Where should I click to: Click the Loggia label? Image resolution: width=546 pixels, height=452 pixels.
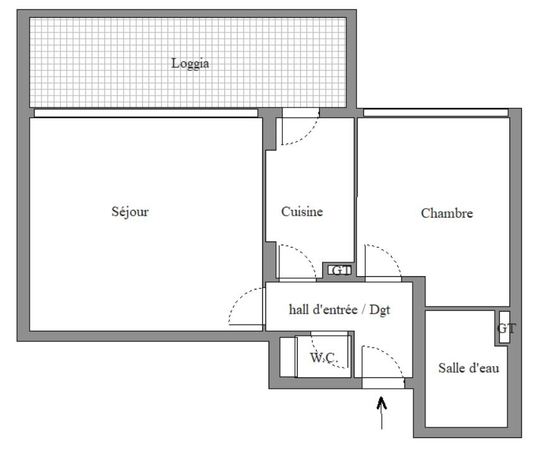(x=190, y=63)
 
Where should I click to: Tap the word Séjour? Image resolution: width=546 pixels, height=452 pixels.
(x=130, y=211)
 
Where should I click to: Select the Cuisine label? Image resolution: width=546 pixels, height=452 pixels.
(x=302, y=211)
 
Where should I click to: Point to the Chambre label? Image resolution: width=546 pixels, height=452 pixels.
(x=447, y=213)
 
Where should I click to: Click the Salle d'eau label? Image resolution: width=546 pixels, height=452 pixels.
(x=469, y=368)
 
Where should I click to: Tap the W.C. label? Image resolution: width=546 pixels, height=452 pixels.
(x=324, y=357)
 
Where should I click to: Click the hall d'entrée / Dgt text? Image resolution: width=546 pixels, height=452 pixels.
(x=339, y=309)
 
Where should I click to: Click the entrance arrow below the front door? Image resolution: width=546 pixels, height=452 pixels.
(x=382, y=413)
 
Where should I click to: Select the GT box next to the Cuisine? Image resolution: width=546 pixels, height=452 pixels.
(x=340, y=270)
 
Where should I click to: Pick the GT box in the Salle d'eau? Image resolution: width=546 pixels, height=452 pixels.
(x=504, y=327)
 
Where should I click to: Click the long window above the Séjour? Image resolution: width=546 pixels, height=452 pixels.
(x=146, y=113)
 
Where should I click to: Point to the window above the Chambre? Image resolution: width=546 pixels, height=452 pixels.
(x=435, y=113)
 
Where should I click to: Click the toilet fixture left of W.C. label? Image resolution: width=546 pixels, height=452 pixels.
(x=288, y=357)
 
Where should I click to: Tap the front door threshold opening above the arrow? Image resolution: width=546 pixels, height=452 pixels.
(x=383, y=383)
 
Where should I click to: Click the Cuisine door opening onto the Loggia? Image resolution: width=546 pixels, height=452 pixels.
(x=301, y=113)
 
